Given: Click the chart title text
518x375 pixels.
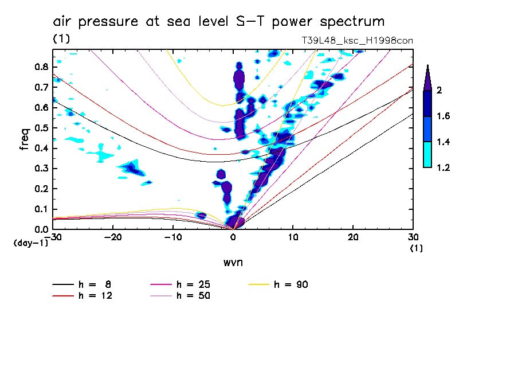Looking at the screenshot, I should pos(218,22).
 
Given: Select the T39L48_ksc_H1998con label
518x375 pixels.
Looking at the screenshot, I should pos(357,41).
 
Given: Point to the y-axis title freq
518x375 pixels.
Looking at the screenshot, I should pos(25,139).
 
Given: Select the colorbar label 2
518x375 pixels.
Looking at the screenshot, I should pos(439,91).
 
